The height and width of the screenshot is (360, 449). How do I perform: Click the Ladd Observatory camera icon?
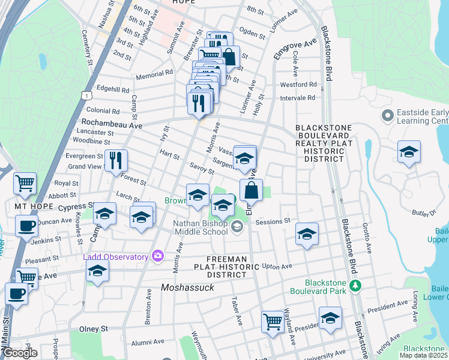coord(158,256)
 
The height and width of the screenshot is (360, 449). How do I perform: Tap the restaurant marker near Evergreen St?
coord(116,161)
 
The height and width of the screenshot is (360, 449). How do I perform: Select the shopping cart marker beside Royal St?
coord(25,183)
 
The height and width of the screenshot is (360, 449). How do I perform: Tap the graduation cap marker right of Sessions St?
coord(307,234)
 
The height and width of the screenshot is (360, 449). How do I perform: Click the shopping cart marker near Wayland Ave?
coord(273,322)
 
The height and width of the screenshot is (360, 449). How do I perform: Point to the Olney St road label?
coord(94,329)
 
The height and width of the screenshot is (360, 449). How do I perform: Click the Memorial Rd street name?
coord(154,74)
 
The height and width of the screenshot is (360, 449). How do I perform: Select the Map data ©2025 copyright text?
coord(424,355)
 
